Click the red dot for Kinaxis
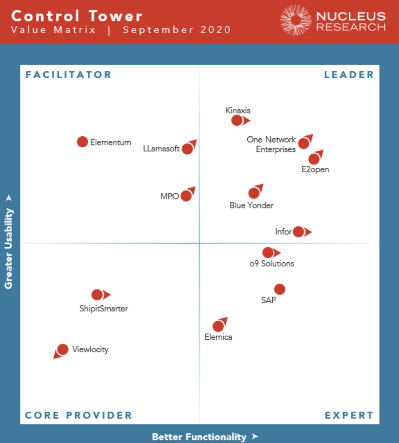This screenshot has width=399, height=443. click(x=237, y=120)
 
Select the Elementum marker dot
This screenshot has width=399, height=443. click(x=82, y=142)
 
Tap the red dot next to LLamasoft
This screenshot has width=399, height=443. click(x=187, y=149)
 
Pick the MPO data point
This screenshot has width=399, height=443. click(x=186, y=196)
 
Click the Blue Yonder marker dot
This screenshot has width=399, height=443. click(x=254, y=193)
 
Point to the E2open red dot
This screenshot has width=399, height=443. click(x=314, y=159)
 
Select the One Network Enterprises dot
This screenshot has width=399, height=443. click(x=303, y=143)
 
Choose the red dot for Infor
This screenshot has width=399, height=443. click(x=298, y=232)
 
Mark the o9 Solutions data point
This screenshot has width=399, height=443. click(x=268, y=252)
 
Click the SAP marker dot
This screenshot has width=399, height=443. click(x=279, y=289)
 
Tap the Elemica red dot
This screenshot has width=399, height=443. click(x=218, y=326)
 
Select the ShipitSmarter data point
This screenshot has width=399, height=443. click(x=97, y=295)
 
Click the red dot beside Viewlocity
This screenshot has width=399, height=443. click(x=62, y=349)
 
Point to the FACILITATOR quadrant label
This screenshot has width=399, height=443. click(x=68, y=75)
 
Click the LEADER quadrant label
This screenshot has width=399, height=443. click(x=349, y=75)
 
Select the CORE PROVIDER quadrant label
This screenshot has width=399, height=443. click(x=78, y=415)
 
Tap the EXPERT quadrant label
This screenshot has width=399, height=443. click(x=349, y=415)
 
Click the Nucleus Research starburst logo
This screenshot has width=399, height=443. click(x=296, y=20)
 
